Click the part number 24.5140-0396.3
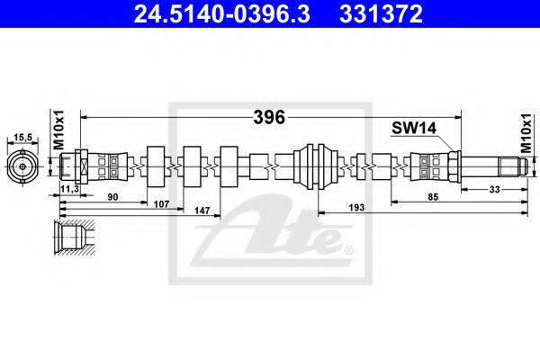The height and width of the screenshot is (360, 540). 221,14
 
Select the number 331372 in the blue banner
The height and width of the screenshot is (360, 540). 381,14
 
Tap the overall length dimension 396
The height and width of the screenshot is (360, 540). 269,118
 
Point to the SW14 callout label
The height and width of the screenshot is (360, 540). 414,129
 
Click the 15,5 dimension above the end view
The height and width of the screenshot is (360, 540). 22,138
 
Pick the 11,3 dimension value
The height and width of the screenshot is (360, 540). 69,188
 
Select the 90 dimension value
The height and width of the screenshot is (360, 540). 112,197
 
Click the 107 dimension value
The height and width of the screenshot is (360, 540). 161,204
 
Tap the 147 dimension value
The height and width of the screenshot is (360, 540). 202,211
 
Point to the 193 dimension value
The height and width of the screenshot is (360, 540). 356,207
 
